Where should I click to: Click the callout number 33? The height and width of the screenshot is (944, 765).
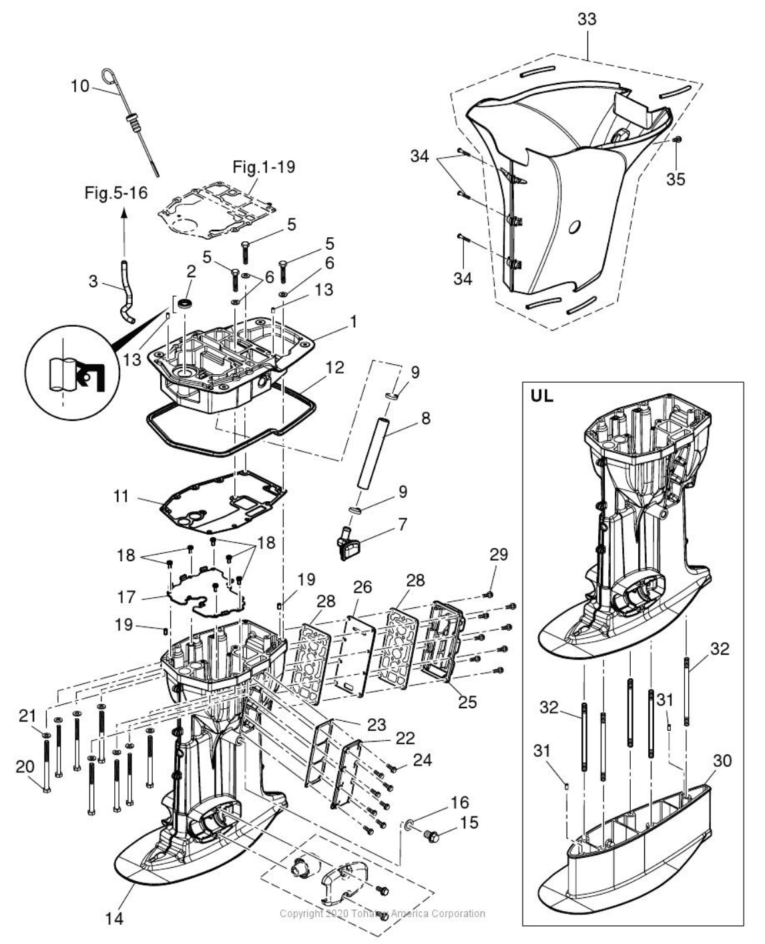587,19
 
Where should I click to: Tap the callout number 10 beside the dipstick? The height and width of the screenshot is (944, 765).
80,86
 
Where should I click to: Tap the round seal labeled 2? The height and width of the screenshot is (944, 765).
186,305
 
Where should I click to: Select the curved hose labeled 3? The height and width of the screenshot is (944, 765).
125,295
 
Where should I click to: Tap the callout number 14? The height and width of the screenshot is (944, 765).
114,919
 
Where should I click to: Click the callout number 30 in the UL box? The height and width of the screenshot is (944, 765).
722,761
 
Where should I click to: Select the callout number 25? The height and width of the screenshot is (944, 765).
467,702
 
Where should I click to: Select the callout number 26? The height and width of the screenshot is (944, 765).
362,588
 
